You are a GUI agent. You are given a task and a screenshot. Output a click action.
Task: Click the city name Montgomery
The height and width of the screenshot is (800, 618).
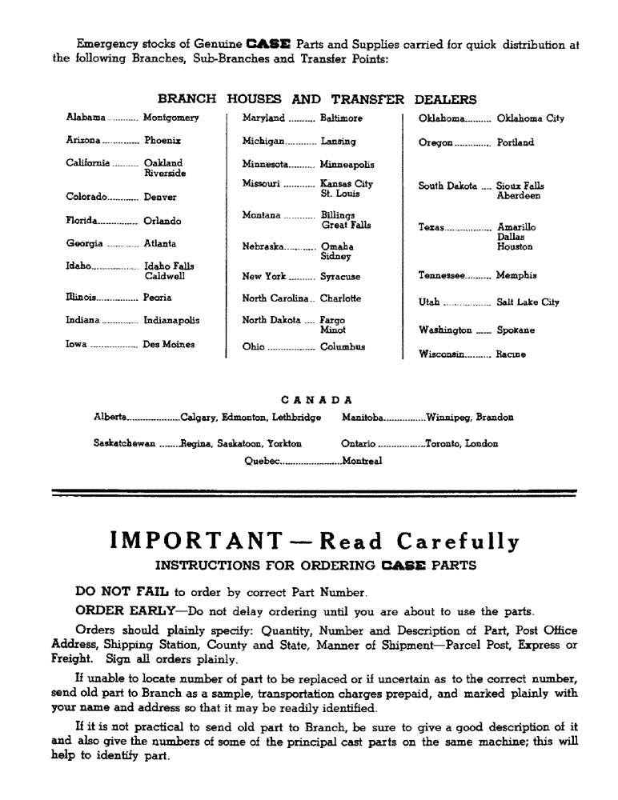tap(171, 118)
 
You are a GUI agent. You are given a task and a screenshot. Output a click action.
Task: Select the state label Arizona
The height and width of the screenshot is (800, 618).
tap(83, 140)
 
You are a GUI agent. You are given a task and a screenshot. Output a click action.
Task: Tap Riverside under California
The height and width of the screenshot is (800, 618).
tap(165, 173)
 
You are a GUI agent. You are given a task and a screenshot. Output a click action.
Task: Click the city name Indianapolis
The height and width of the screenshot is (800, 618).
tap(171, 320)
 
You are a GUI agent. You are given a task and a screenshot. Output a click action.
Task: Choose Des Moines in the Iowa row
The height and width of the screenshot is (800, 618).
tap(168, 345)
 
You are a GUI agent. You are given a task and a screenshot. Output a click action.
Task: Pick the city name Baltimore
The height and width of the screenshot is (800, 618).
tap(341, 118)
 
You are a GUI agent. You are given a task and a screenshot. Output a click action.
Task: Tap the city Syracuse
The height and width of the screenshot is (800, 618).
tap(340, 277)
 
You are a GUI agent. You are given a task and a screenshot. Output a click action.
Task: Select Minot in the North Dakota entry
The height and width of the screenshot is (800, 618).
tap(333, 330)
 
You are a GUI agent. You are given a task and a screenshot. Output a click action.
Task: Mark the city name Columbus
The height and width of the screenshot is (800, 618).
tap(343, 347)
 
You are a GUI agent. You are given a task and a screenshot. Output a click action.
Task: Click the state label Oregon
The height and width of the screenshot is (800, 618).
tap(435, 143)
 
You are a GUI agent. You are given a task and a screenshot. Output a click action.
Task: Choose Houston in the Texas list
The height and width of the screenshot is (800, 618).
tap(515, 247)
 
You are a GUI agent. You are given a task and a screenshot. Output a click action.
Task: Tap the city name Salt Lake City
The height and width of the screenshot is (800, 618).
tap(528, 302)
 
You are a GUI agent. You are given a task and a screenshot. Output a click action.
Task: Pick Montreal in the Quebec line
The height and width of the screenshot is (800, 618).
tap(362, 460)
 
